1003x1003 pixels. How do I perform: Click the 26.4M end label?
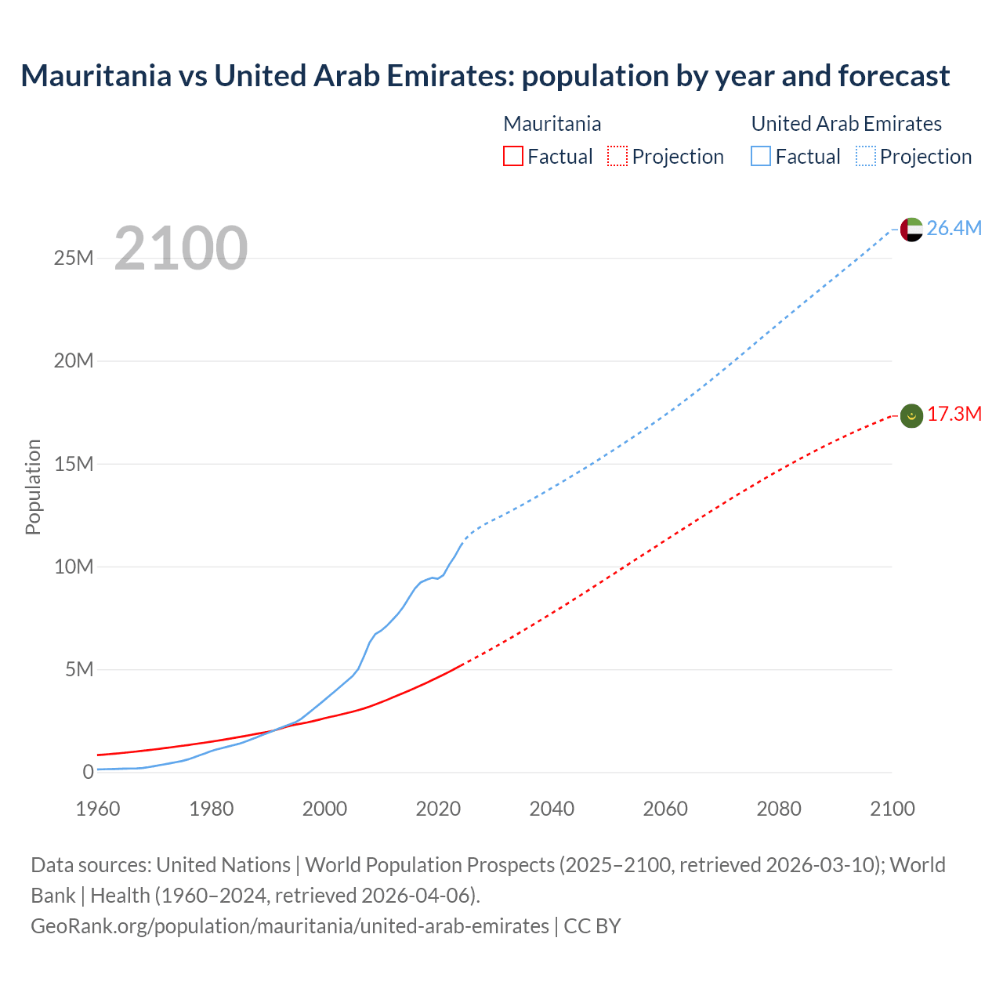[x=954, y=228]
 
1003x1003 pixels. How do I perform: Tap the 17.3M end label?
[x=954, y=415]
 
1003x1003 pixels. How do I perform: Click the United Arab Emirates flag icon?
[x=911, y=230]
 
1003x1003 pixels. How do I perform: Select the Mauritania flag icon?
[x=911, y=416]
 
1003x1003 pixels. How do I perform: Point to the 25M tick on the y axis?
[x=74, y=258]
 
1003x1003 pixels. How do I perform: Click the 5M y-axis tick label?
[x=79, y=669]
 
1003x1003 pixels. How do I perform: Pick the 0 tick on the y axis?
[x=88, y=772]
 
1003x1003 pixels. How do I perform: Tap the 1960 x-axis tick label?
[x=98, y=809]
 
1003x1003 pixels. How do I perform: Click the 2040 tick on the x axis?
[x=552, y=809]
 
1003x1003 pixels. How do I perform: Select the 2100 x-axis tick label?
[x=892, y=809]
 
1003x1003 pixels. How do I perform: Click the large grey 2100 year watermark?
[x=181, y=248]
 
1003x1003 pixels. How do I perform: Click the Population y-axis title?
[x=33, y=487]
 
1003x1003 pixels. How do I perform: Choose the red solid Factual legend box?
[x=513, y=156]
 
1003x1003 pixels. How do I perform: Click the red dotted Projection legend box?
[x=617, y=156]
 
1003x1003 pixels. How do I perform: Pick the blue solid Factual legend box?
[x=761, y=156]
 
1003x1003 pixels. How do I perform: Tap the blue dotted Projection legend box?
[x=865, y=156]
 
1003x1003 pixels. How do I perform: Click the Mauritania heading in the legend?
[x=552, y=124]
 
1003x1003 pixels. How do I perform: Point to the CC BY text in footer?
[x=592, y=925]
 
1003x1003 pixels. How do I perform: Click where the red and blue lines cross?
[x=273, y=730]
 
